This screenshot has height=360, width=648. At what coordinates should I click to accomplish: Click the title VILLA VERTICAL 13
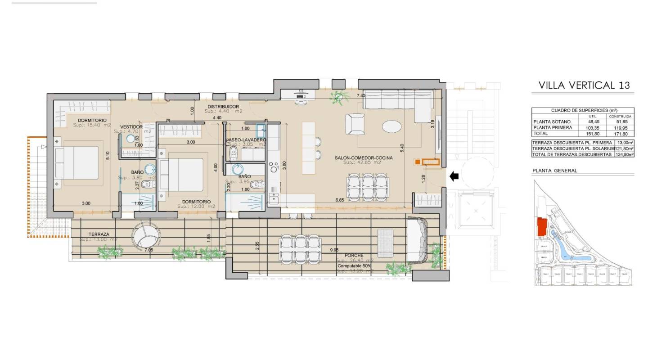pos(584,85)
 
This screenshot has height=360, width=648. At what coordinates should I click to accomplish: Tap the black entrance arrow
pos(454,176)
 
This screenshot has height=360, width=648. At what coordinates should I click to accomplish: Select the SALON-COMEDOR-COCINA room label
pos(364,157)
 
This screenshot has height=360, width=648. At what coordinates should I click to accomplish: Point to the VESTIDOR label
pos(131,127)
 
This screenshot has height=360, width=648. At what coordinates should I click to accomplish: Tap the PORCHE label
pos(355,255)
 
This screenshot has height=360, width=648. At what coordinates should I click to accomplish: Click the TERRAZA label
pos(99,234)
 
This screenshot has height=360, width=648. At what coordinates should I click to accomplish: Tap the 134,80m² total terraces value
pos(624,154)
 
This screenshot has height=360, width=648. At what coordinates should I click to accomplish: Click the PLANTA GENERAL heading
pos(554,171)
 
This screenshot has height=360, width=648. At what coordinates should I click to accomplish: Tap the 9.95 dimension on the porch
pos(334,249)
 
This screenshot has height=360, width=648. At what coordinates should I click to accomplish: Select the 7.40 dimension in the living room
pos(361,96)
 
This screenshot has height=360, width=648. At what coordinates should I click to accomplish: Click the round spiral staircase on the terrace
pos(145,234)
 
